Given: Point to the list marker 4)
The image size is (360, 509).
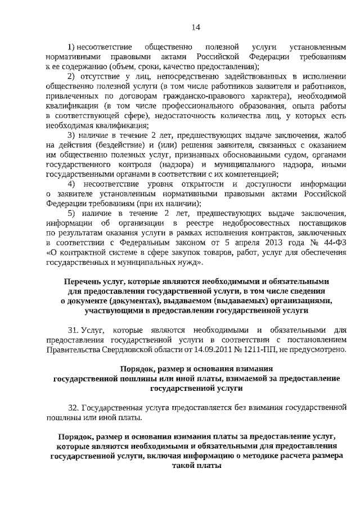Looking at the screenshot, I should click(72, 184).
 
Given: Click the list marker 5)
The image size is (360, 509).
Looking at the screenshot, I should click(72, 214).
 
